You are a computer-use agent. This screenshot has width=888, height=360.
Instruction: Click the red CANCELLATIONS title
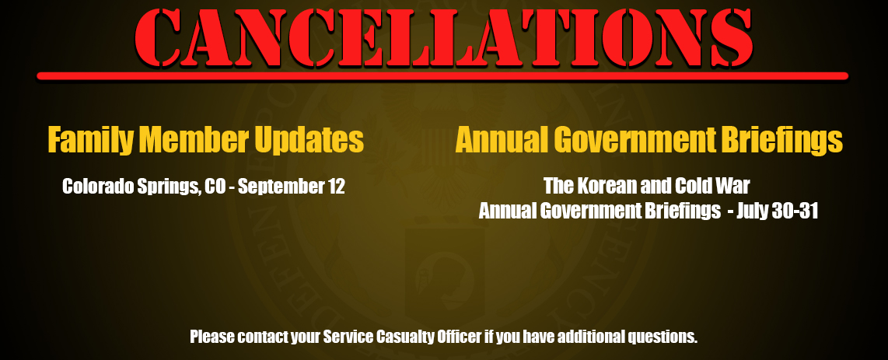tap(444, 37)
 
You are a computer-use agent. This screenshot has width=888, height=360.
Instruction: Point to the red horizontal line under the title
tap(442, 76)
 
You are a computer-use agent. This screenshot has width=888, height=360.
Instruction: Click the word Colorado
tap(98, 187)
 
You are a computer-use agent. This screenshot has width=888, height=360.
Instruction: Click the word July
tap(753, 211)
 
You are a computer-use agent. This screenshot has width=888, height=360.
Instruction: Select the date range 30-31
tap(796, 211)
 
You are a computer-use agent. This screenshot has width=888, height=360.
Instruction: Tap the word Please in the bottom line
tap(212, 337)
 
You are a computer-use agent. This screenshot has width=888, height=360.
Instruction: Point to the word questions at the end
tap(663, 337)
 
